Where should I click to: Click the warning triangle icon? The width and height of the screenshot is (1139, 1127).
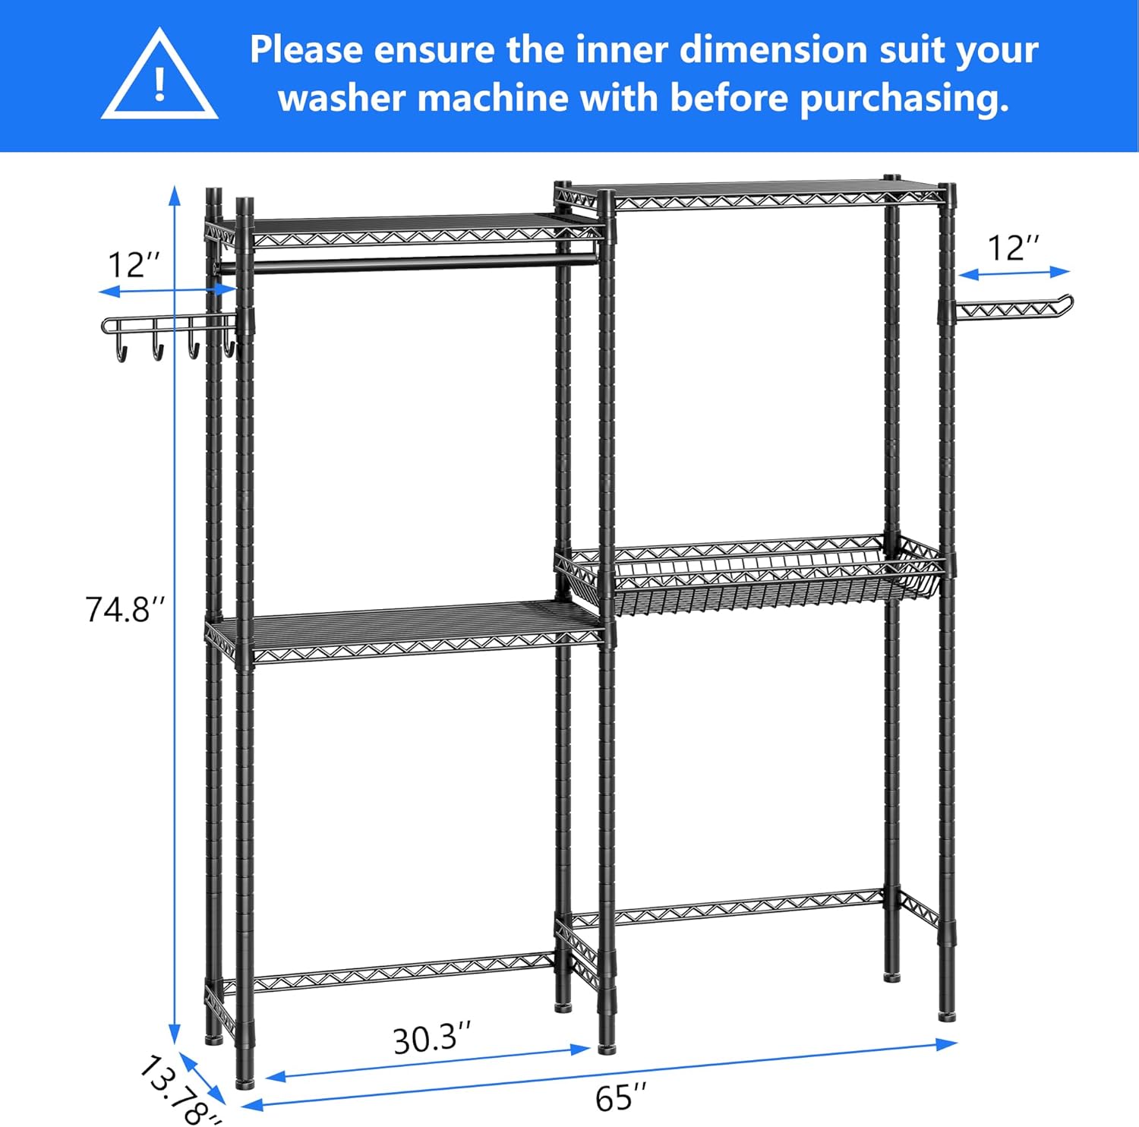click(159, 76)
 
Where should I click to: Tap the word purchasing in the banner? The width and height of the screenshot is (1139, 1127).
click(904, 99)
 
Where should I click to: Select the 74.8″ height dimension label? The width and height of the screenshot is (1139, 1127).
click(125, 610)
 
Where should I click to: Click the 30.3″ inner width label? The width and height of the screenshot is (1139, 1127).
click(431, 1039)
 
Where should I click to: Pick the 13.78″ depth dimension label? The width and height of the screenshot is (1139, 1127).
click(178, 1090)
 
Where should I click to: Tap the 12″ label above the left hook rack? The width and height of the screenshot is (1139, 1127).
click(134, 266)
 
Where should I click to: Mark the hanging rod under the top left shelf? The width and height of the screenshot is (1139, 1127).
click(410, 262)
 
